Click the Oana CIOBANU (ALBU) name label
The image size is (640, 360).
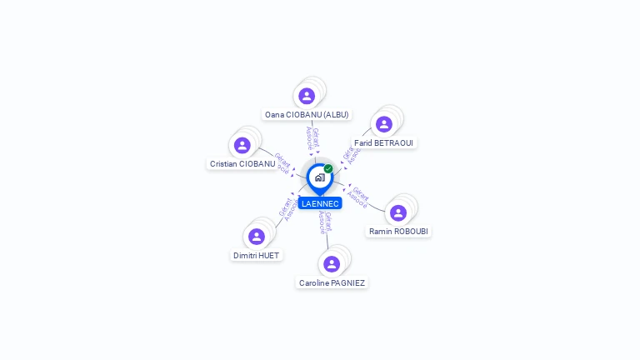[x=307, y=114]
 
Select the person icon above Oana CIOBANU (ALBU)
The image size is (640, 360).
[x=307, y=96]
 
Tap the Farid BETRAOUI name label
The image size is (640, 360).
[x=383, y=142]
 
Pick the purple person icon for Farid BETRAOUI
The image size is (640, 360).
[x=384, y=124]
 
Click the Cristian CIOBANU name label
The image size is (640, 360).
[x=242, y=164]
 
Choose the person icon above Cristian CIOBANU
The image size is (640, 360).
[x=242, y=145]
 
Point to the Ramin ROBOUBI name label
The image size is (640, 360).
[x=399, y=231]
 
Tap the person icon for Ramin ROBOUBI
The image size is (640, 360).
[x=398, y=212]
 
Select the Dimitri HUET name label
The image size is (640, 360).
[x=257, y=255]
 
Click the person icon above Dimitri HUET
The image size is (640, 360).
[x=257, y=236]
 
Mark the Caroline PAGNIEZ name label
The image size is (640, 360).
[x=332, y=282]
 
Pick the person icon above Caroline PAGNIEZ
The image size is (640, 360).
[x=332, y=264]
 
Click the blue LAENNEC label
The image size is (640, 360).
[x=320, y=203]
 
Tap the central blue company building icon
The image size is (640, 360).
[x=319, y=177]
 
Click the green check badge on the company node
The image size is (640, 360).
[x=328, y=168]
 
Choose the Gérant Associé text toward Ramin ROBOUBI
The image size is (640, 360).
[x=359, y=197]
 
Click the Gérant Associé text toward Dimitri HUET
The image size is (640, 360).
[x=287, y=208]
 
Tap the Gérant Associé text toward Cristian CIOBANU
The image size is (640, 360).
[x=282, y=162]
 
